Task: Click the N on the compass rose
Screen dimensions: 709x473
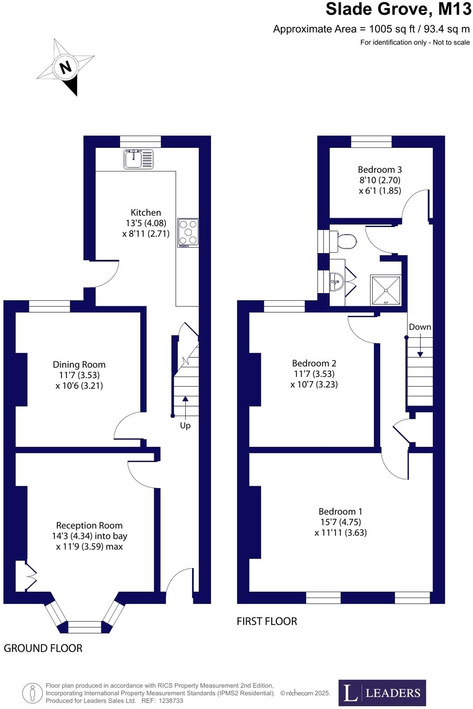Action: tap(66, 67)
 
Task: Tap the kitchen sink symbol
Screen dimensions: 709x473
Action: tap(138, 159)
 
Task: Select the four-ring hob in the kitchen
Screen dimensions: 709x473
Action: tap(188, 232)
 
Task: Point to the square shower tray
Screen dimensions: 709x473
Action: tap(386, 290)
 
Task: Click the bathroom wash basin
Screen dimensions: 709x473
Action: tap(337, 281)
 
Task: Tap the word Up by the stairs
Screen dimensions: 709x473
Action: tap(185, 425)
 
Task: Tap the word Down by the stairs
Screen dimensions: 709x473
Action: tap(420, 327)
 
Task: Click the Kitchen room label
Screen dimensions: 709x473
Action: tap(146, 213)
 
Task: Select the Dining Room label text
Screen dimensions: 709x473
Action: tap(79, 365)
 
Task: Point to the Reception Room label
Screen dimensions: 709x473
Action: tap(89, 526)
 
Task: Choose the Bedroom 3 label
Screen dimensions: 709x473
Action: tap(380, 170)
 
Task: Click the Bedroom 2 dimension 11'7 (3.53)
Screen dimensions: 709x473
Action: tap(314, 374)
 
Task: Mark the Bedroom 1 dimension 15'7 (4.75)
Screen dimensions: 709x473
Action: tap(340, 522)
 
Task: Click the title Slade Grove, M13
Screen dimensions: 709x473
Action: tap(398, 9)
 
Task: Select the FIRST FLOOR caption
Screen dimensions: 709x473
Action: tap(267, 621)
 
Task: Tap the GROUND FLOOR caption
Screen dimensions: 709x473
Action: tap(43, 648)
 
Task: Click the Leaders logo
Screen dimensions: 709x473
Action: tap(382, 692)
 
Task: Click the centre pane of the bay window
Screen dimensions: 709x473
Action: tap(85, 627)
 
